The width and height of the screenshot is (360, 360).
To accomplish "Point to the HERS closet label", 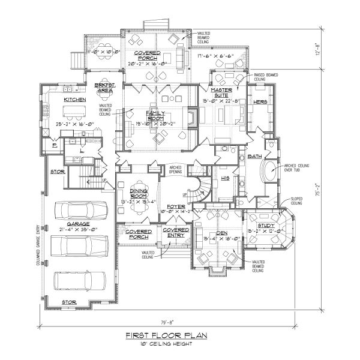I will [x=260, y=101].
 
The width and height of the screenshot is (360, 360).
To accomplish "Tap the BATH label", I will [x=253, y=157].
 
